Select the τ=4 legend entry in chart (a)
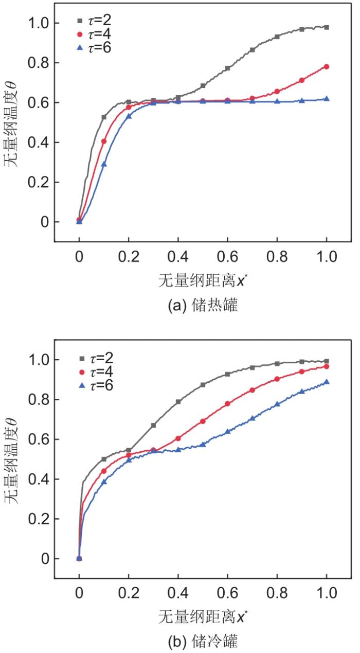coord(93,35)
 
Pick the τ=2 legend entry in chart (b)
coord(93,359)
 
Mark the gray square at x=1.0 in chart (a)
coord(327,27)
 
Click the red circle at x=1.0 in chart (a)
coord(327,66)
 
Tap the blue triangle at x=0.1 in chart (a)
coord(104,164)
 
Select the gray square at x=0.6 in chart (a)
coord(227,68)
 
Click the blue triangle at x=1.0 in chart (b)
coord(327,382)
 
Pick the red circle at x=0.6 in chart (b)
coord(227,403)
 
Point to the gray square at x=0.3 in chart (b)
coord(153,426)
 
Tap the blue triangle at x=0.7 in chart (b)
coord(252,418)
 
